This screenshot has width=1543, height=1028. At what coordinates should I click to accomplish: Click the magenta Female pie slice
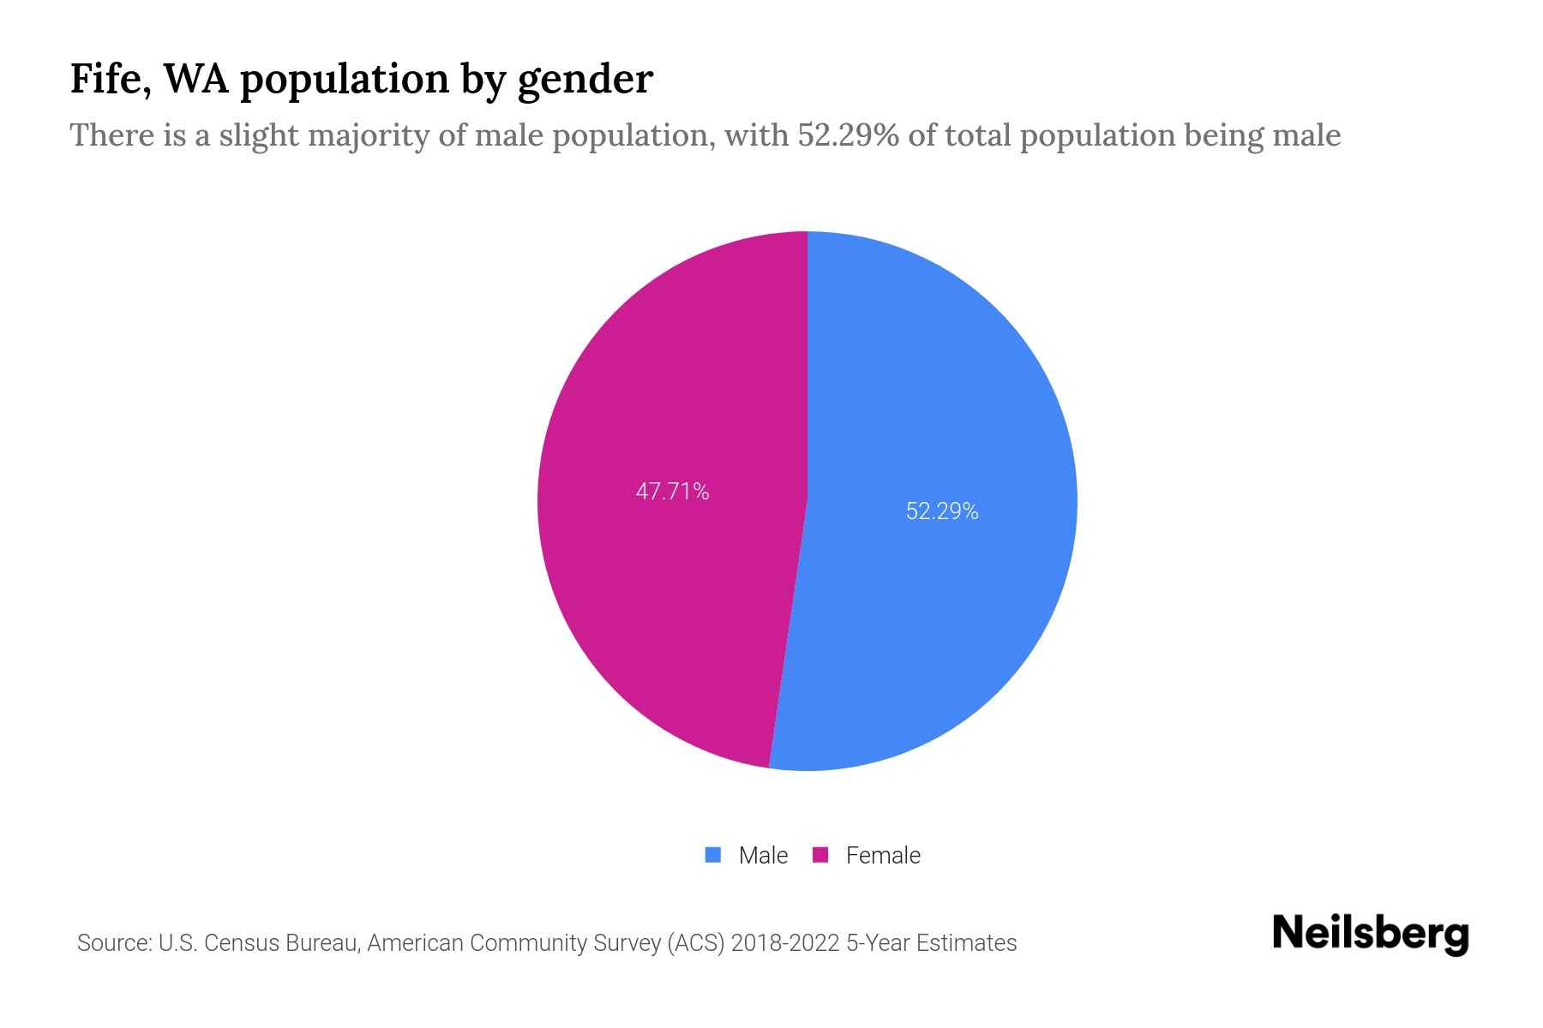coord(669,583)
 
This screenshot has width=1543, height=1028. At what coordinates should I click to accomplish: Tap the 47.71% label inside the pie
coord(672,492)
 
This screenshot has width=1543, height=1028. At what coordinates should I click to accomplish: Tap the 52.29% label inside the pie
coord(941,511)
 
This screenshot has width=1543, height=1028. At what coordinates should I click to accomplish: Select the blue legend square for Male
coord(712,855)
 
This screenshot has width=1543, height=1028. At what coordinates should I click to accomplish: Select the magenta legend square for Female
coord(820,855)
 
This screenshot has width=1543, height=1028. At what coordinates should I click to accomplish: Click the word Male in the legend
coord(763,855)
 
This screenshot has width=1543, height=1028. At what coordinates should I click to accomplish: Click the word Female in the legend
coord(883,855)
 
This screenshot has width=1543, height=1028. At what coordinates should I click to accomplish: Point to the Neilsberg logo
coord(1370,934)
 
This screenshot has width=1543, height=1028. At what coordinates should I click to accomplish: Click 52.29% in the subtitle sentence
coord(848,135)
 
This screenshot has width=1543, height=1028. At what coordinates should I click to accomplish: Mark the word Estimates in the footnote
coord(966,943)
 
